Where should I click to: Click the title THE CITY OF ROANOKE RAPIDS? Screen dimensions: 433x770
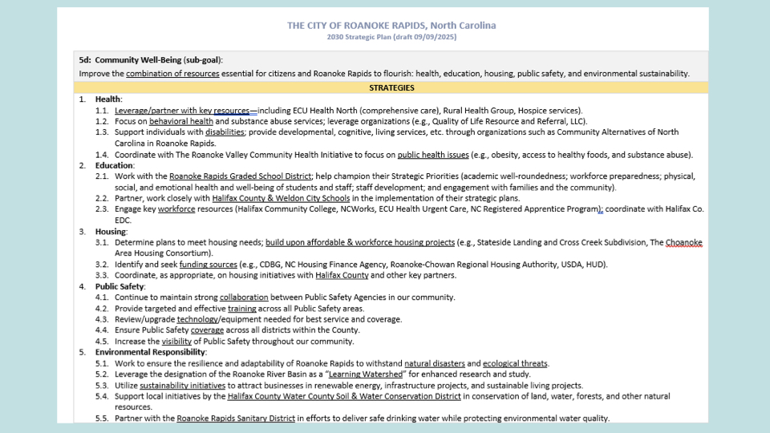tap(391, 26)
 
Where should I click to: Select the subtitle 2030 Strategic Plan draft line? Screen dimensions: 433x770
tap(391, 37)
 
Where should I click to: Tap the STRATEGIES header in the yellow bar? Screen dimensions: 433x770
tap(391, 87)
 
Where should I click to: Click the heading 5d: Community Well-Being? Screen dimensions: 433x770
tap(150, 59)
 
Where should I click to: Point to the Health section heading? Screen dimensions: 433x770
tap(108, 99)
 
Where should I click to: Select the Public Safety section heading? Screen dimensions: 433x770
tap(120, 286)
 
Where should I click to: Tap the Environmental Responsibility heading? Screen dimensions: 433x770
tap(150, 352)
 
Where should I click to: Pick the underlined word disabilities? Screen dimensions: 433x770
tap(225, 132)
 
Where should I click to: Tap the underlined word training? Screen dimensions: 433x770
tap(242, 309)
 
